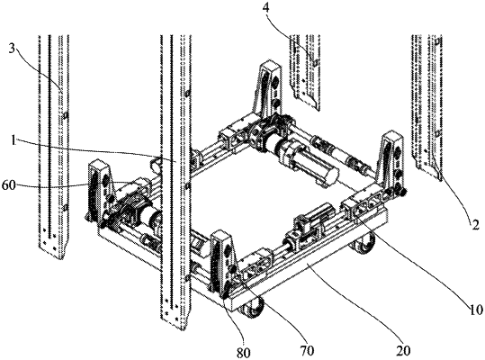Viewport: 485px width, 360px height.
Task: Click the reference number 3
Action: pyautogui.click(x=12, y=49)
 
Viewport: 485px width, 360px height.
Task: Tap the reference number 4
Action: pyautogui.click(x=265, y=7)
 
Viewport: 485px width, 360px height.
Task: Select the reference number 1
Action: pyautogui.click(x=13, y=140)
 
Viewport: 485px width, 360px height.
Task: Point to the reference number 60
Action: pyautogui.click(x=8, y=186)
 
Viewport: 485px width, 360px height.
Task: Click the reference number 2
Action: pyautogui.click(x=475, y=223)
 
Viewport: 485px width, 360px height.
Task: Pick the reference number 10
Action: pyautogui.click(x=475, y=309)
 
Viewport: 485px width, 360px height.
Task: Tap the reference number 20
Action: pyautogui.click(x=403, y=351)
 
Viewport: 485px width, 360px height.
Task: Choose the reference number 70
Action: pyautogui.click(x=307, y=351)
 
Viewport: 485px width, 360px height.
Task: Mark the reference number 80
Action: pyautogui.click(x=243, y=353)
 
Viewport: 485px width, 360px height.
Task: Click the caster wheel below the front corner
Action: pyautogui.click(x=253, y=308)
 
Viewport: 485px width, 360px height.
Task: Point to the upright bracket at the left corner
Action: pyautogui.click(x=101, y=192)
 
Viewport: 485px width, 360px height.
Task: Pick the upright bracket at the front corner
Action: pyautogui.click(x=222, y=263)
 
